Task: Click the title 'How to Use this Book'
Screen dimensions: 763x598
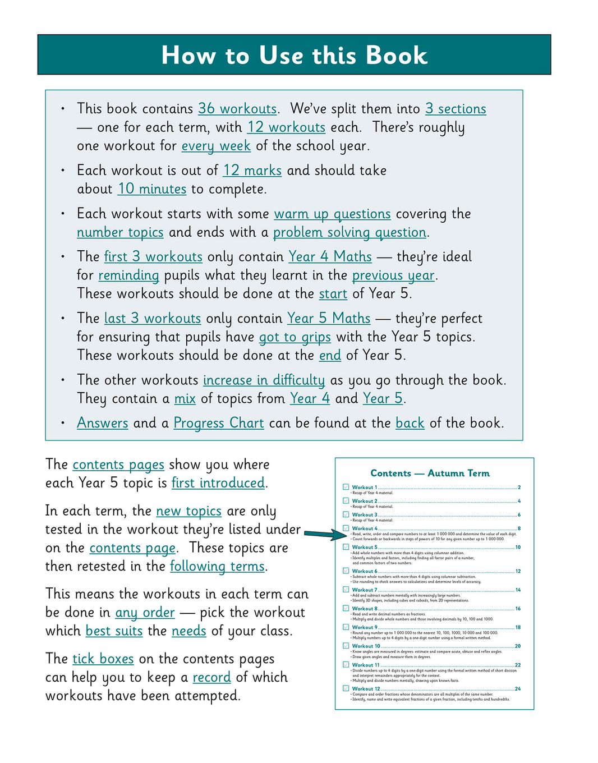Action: point(294,55)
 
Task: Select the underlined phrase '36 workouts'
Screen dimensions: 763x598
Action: point(237,109)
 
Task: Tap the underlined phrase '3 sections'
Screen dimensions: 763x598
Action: point(456,109)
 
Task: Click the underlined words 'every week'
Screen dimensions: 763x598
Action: point(216,146)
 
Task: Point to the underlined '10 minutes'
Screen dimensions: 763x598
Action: point(152,189)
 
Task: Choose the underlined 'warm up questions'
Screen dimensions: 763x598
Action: point(332,214)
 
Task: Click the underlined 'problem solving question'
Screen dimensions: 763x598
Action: point(349,232)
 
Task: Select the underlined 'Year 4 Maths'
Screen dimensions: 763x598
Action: point(330,257)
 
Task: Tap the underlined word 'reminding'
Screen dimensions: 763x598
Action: point(128,275)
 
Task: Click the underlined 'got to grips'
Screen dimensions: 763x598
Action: point(295,337)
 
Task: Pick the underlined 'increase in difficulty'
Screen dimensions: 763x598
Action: point(264,380)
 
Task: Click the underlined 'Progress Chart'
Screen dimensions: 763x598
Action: point(218,423)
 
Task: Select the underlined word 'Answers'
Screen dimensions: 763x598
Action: point(103,423)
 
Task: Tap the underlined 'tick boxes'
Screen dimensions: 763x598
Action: point(103,659)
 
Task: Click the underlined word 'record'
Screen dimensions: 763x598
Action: point(211,677)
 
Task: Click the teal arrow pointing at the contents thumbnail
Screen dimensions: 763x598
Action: point(326,534)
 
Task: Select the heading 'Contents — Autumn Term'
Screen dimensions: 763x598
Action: point(430,473)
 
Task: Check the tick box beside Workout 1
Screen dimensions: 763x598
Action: point(346,487)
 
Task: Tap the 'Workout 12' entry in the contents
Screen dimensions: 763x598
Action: point(366,688)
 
